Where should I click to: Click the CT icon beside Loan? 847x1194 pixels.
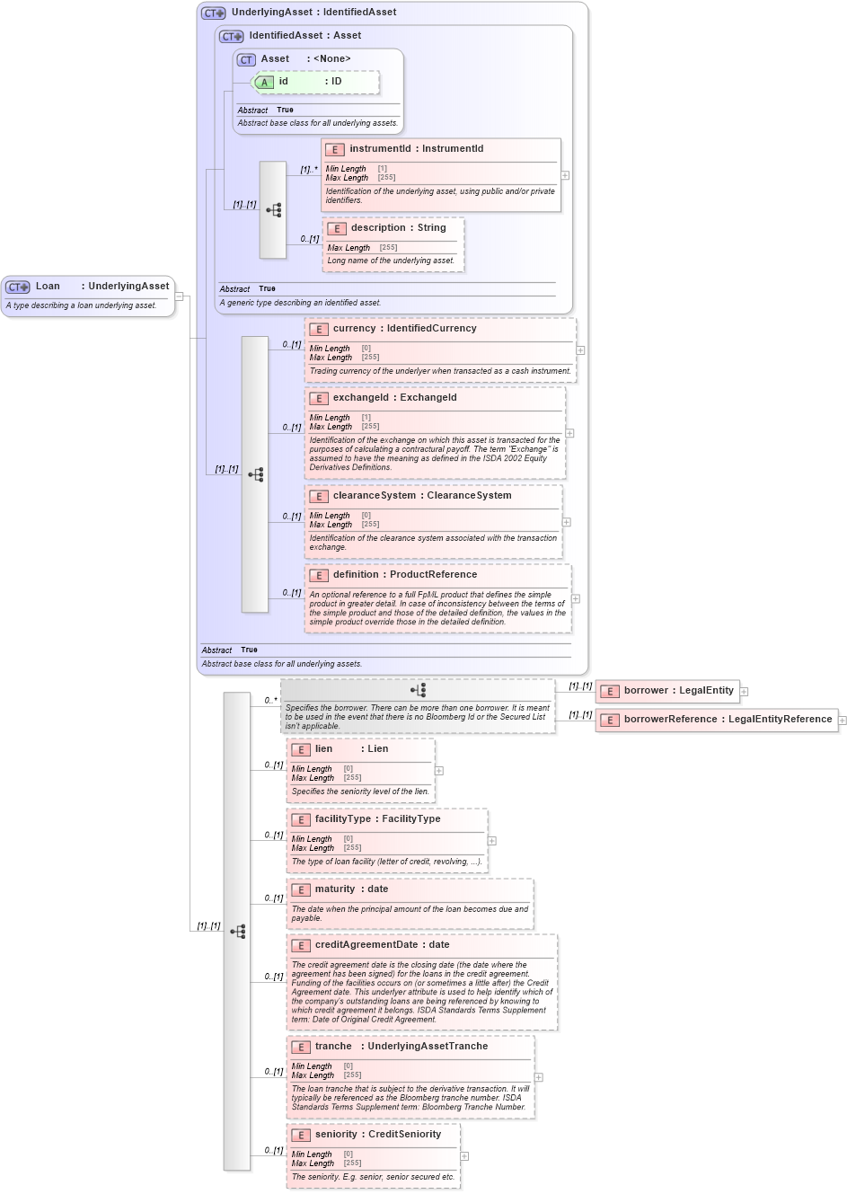pyautogui.click(x=17, y=287)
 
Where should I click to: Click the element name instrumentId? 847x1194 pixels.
pyautogui.click(x=380, y=149)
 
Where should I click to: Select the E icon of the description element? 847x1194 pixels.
pyautogui.click(x=337, y=229)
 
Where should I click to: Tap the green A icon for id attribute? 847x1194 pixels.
pyautogui.click(x=264, y=83)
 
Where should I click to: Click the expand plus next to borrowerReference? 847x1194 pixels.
pyautogui.click(x=842, y=721)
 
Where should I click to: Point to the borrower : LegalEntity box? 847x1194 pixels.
pyautogui.click(x=667, y=691)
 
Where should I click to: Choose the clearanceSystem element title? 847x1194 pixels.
pyautogui.click(x=375, y=496)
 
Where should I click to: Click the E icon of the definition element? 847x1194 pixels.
pyautogui.click(x=319, y=576)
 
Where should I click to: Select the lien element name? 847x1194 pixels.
pyautogui.click(x=323, y=749)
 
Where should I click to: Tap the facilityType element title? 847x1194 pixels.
pyautogui.click(x=342, y=819)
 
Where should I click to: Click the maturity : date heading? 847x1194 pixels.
pyautogui.click(x=351, y=889)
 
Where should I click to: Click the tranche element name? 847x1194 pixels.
pyautogui.click(x=333, y=1047)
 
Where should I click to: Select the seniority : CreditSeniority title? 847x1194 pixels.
pyautogui.click(x=378, y=1135)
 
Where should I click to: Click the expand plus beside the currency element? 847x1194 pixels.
pyautogui.click(x=580, y=350)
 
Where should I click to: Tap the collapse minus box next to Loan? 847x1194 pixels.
pyautogui.click(x=179, y=296)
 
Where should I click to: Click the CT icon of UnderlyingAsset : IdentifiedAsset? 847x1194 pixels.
pyautogui.click(x=214, y=13)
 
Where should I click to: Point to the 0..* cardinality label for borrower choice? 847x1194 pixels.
pyautogui.click(x=270, y=701)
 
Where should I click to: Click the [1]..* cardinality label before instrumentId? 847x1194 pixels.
pyautogui.click(x=309, y=170)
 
